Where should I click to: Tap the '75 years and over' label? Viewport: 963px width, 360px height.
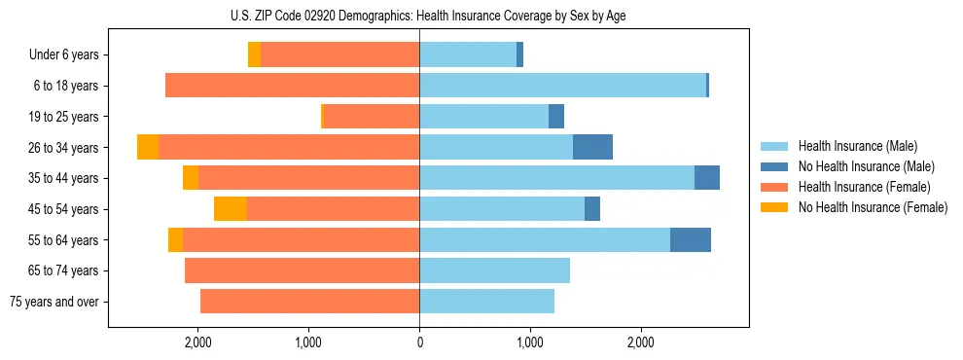click(x=54, y=302)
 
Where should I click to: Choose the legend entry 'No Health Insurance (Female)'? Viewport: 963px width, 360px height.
click(x=873, y=207)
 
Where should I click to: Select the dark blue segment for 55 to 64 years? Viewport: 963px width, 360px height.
click(x=691, y=240)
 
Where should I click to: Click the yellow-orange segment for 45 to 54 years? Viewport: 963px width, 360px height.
click(x=231, y=209)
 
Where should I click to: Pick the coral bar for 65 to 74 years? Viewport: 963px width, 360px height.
click(x=302, y=270)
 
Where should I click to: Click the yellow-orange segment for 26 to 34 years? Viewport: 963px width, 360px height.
click(x=148, y=147)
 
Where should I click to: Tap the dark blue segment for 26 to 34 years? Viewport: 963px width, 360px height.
click(x=592, y=147)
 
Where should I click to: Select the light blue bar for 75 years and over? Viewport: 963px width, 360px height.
click(x=486, y=302)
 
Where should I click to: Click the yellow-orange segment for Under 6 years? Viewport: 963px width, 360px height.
click(x=254, y=54)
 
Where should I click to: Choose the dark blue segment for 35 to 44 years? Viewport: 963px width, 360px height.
click(x=707, y=178)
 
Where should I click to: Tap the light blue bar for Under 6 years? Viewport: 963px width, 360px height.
click(x=468, y=54)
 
